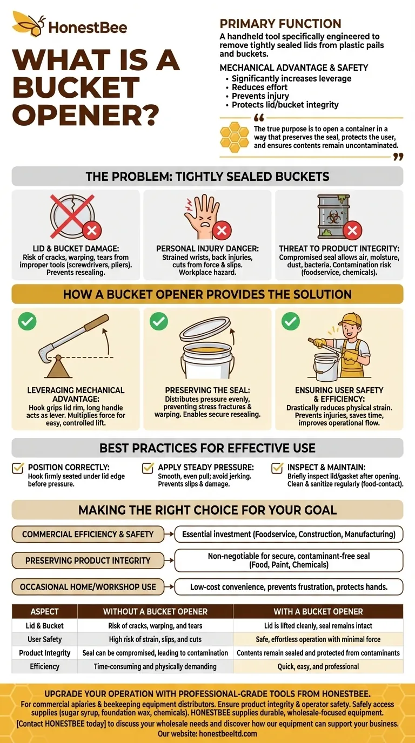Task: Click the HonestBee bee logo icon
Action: [x=29, y=23]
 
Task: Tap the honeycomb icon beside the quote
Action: [x=235, y=137]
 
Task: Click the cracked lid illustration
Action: [x=72, y=217]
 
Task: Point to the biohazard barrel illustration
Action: [x=333, y=217]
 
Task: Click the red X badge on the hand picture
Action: [x=222, y=230]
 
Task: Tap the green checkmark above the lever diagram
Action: [x=27, y=321]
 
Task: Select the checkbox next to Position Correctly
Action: [x=18, y=468]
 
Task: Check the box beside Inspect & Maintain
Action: [x=277, y=468]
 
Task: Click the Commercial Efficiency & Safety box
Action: [x=88, y=534]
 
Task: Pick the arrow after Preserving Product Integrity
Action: [x=169, y=560]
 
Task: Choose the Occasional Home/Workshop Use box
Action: [x=88, y=587]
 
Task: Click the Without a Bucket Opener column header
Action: [x=156, y=611]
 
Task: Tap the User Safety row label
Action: [x=44, y=639]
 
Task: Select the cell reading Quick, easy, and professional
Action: [x=318, y=666]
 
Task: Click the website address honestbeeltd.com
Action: [x=228, y=733]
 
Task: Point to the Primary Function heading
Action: [x=280, y=24]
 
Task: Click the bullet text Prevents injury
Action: [x=260, y=96]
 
